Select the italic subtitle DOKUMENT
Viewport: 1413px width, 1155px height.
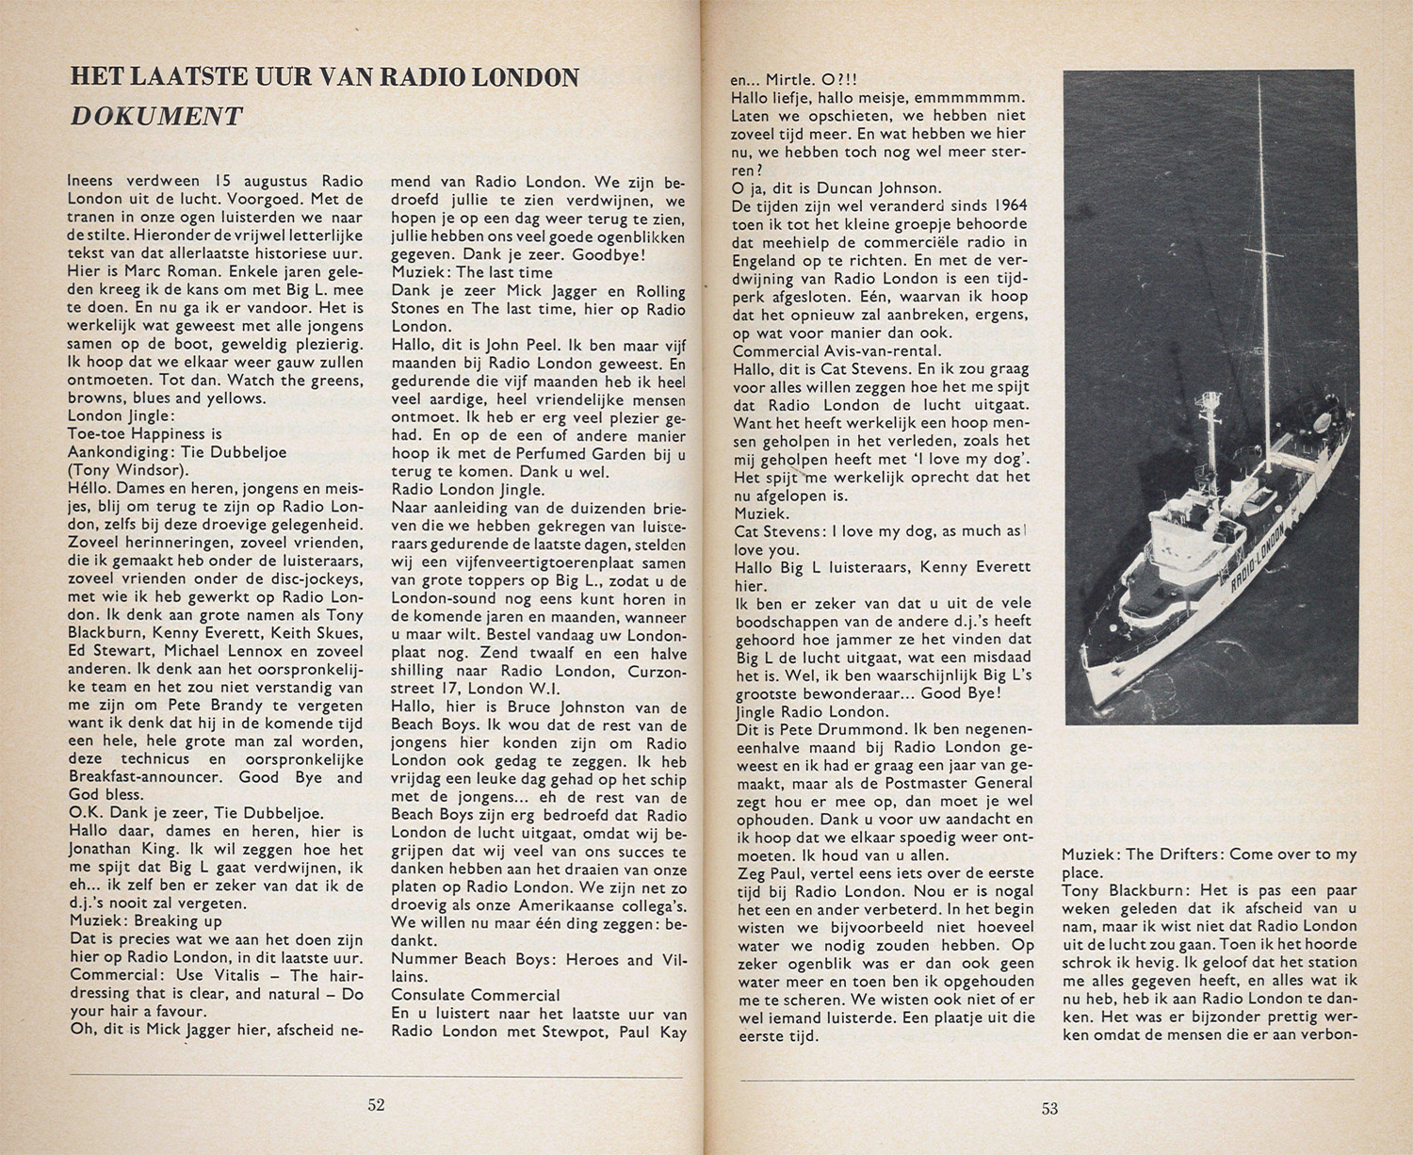[x=156, y=116]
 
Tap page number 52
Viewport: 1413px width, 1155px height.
[x=376, y=1105]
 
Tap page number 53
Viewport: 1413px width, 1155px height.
[x=1049, y=1109]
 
